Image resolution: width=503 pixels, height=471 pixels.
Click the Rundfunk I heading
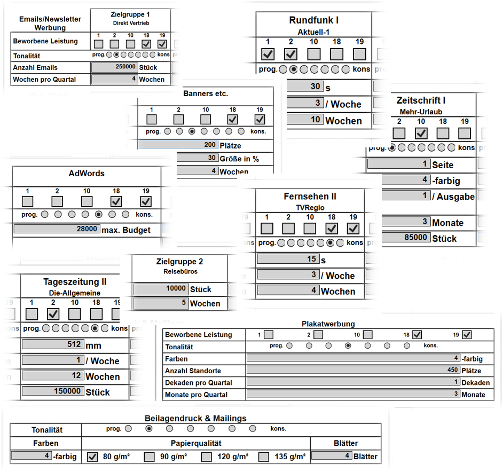(313, 20)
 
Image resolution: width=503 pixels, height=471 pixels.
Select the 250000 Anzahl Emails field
(114, 67)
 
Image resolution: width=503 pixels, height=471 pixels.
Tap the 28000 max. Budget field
(57, 229)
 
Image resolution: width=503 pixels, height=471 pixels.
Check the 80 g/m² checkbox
(92, 457)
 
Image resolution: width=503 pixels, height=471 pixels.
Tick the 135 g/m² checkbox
(264, 457)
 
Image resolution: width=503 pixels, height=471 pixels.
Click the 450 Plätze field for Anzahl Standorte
(353, 371)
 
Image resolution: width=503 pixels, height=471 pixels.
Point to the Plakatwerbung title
(328, 324)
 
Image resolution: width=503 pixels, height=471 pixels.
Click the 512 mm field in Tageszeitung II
(52, 345)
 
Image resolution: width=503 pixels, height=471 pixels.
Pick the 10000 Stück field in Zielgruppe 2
(161, 289)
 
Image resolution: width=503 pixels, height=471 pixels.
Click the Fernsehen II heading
(310, 197)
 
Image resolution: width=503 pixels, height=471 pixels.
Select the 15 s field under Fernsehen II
(288, 259)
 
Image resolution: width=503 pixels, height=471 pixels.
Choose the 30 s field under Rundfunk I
(304, 87)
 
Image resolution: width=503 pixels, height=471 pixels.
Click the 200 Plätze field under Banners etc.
(178, 145)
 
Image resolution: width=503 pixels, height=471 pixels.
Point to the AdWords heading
(87, 173)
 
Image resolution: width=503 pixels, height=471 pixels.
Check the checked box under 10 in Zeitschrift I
(421, 133)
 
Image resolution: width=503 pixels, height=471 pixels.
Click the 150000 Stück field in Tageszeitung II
(52, 391)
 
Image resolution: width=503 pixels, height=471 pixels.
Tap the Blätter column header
(345, 443)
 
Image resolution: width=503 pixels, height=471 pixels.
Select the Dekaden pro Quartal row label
(199, 382)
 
